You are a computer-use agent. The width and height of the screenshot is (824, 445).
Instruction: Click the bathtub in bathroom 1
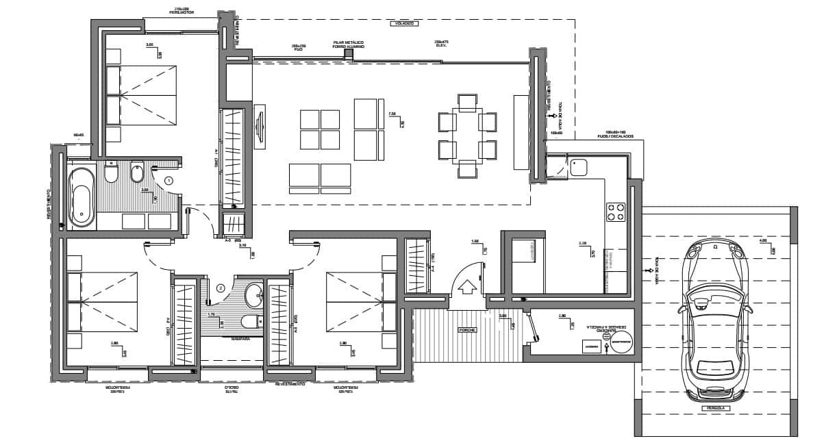[x=82, y=196]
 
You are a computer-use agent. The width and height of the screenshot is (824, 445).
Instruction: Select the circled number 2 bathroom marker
[x=220, y=288]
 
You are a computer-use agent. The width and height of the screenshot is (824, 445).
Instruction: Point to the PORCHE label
[x=468, y=330]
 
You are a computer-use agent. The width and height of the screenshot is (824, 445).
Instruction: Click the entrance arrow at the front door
[x=469, y=285]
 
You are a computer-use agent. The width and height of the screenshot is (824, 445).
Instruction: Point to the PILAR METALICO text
[x=349, y=42]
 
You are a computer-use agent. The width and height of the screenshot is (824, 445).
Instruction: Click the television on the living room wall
[x=260, y=126]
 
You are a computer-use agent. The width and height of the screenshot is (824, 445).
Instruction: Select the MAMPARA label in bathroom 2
[x=240, y=338]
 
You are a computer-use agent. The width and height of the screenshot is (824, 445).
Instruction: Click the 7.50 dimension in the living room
[x=392, y=114]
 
